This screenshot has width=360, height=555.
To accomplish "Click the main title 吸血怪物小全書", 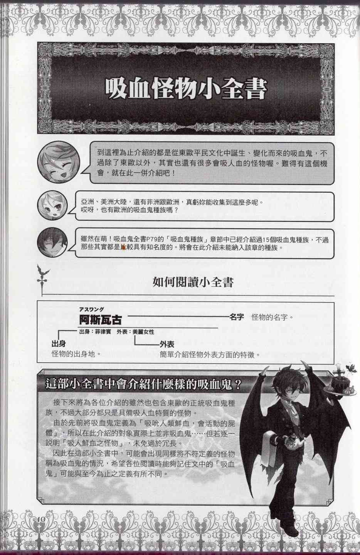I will click(x=186, y=89).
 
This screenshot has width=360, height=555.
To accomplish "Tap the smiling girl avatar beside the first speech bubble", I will click(x=58, y=161).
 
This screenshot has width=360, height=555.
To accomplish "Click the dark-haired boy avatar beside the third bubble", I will click(x=52, y=244).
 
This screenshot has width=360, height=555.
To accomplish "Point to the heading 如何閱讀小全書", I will click(x=193, y=283).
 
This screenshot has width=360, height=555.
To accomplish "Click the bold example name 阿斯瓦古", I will click(x=100, y=320).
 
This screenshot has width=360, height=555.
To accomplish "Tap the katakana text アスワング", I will click(x=91, y=309).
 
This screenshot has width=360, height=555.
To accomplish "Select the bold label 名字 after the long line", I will click(x=236, y=317).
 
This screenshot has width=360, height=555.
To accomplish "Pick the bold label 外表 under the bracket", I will click(x=167, y=344).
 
